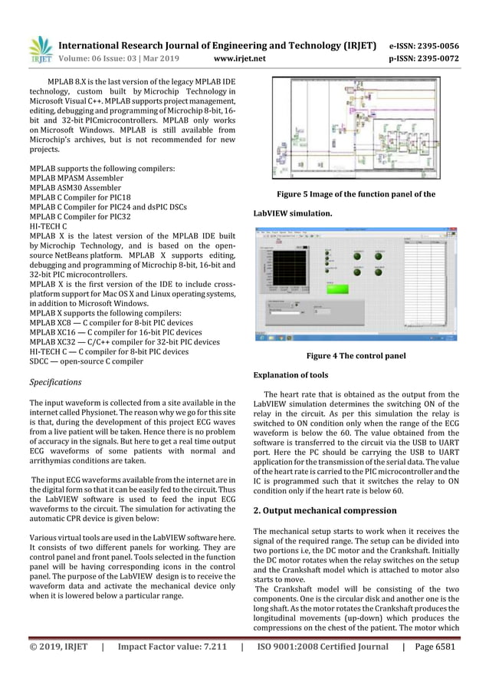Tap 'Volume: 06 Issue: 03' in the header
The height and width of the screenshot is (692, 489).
click(x=97, y=58)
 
